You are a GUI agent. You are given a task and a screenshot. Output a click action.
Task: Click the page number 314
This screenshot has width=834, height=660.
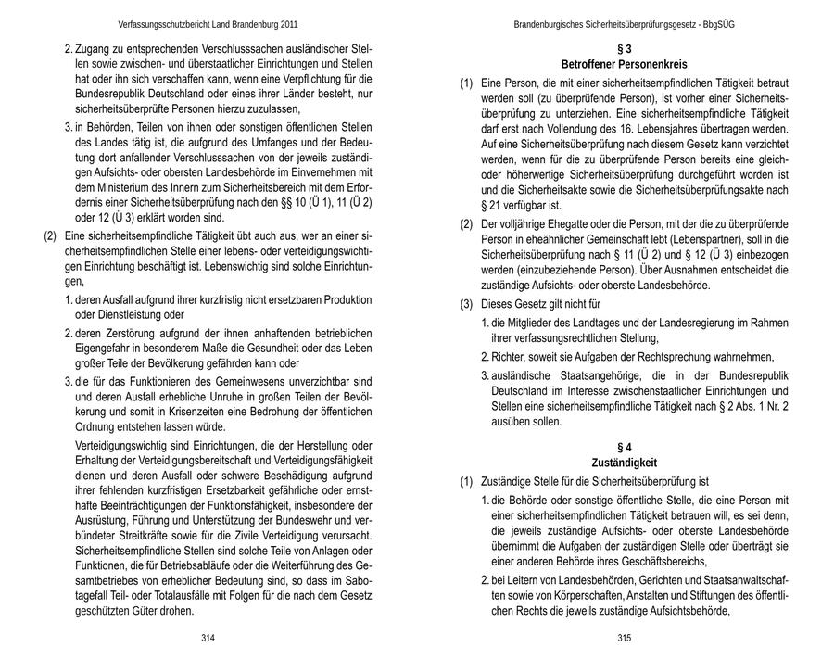(x=208, y=638)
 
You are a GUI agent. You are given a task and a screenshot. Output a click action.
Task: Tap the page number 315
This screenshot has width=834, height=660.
(x=624, y=638)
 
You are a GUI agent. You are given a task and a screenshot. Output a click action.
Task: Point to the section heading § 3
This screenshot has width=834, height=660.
(x=624, y=47)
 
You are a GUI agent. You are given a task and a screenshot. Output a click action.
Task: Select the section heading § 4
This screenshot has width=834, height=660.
(x=624, y=447)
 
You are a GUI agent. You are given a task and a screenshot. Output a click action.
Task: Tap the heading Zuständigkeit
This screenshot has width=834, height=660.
(x=624, y=462)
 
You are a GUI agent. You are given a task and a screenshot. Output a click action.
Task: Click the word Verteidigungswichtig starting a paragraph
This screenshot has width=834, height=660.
(x=117, y=446)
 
